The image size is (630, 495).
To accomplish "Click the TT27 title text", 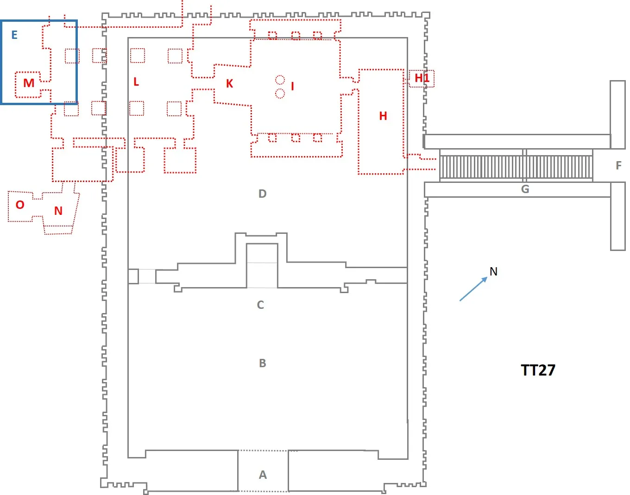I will [x=538, y=370].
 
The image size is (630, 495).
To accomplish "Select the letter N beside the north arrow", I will [x=493, y=272].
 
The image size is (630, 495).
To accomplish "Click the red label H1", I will [x=422, y=78].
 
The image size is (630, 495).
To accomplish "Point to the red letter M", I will [x=29, y=83].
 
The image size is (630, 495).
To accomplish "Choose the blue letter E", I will [x=14, y=35].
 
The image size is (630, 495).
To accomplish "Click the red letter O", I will [x=20, y=205].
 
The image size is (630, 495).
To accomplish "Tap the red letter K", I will [x=229, y=84].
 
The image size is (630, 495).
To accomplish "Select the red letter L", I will [x=136, y=82].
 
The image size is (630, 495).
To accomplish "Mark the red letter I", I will [x=292, y=86].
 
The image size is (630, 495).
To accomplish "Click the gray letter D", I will [x=263, y=194].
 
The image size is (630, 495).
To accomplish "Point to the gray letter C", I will [x=260, y=305].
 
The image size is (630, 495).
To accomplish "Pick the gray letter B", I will [x=263, y=363].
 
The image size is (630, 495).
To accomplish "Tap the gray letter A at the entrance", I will [x=263, y=475].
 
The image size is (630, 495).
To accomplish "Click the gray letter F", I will [x=618, y=165].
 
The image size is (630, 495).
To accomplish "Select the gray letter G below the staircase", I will [x=525, y=189].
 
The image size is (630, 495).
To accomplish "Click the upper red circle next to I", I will [x=280, y=80].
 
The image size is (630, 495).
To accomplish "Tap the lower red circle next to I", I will [x=280, y=94].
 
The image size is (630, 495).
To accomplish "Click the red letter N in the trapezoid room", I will [x=58, y=211].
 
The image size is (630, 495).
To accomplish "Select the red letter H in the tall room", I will [x=383, y=116].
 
